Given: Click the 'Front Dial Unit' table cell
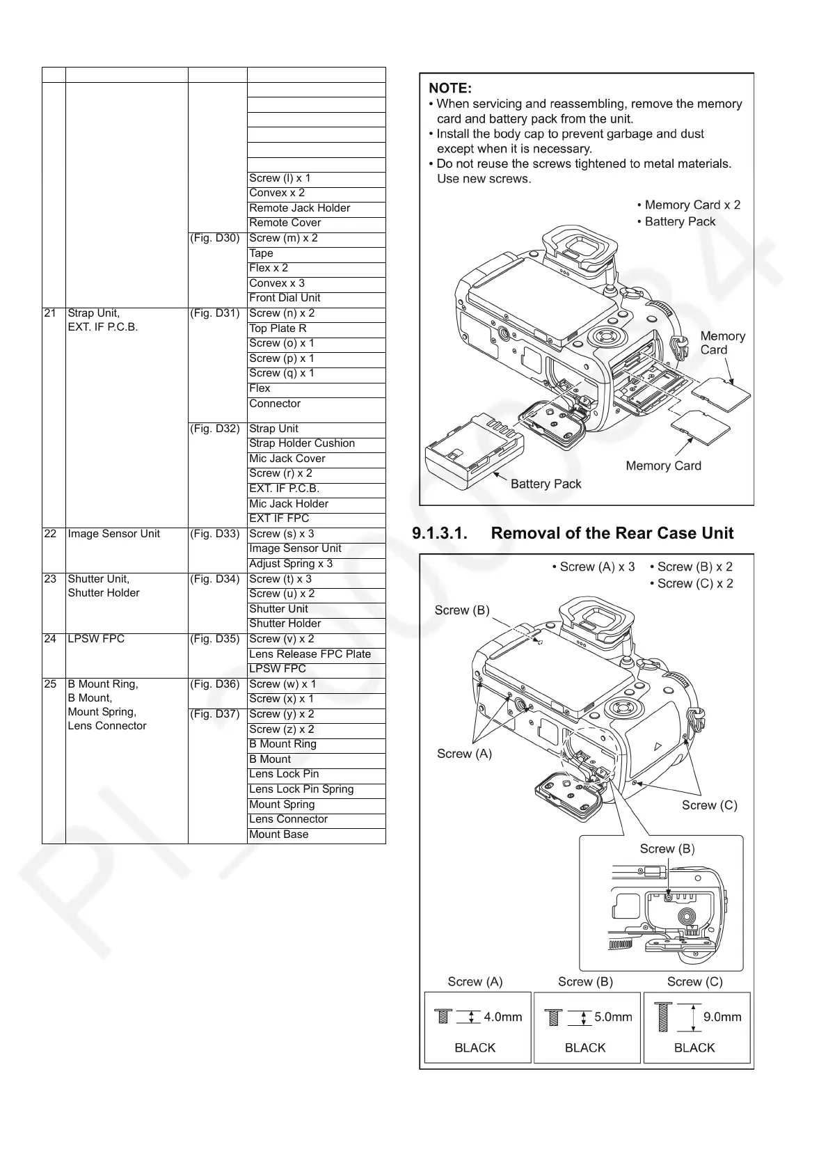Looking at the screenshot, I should click(285, 298).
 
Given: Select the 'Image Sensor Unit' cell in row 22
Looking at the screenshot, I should click(114, 534).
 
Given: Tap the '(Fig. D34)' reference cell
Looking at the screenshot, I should click(214, 579).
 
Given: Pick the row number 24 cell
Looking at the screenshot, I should click(50, 639).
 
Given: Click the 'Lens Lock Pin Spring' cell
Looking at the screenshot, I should click(301, 789).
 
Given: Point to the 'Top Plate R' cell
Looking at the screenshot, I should click(278, 328).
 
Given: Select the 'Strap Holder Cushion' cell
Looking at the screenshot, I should click(302, 443).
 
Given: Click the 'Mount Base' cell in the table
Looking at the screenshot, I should click(278, 834).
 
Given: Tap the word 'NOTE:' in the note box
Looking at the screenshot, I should click(449, 88).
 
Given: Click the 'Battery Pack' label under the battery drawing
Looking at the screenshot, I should click(546, 484).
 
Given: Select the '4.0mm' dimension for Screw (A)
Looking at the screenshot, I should click(502, 1017).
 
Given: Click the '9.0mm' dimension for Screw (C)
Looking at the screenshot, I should click(722, 1017).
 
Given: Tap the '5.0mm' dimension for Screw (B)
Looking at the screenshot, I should click(613, 1017).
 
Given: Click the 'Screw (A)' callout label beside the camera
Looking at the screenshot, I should click(464, 754).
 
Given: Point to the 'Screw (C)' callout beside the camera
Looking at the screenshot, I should click(709, 805).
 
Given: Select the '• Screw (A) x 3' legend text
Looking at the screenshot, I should click(593, 567).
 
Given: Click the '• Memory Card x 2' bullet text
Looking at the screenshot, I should click(688, 205).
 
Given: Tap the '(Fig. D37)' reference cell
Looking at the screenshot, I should click(214, 714).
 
